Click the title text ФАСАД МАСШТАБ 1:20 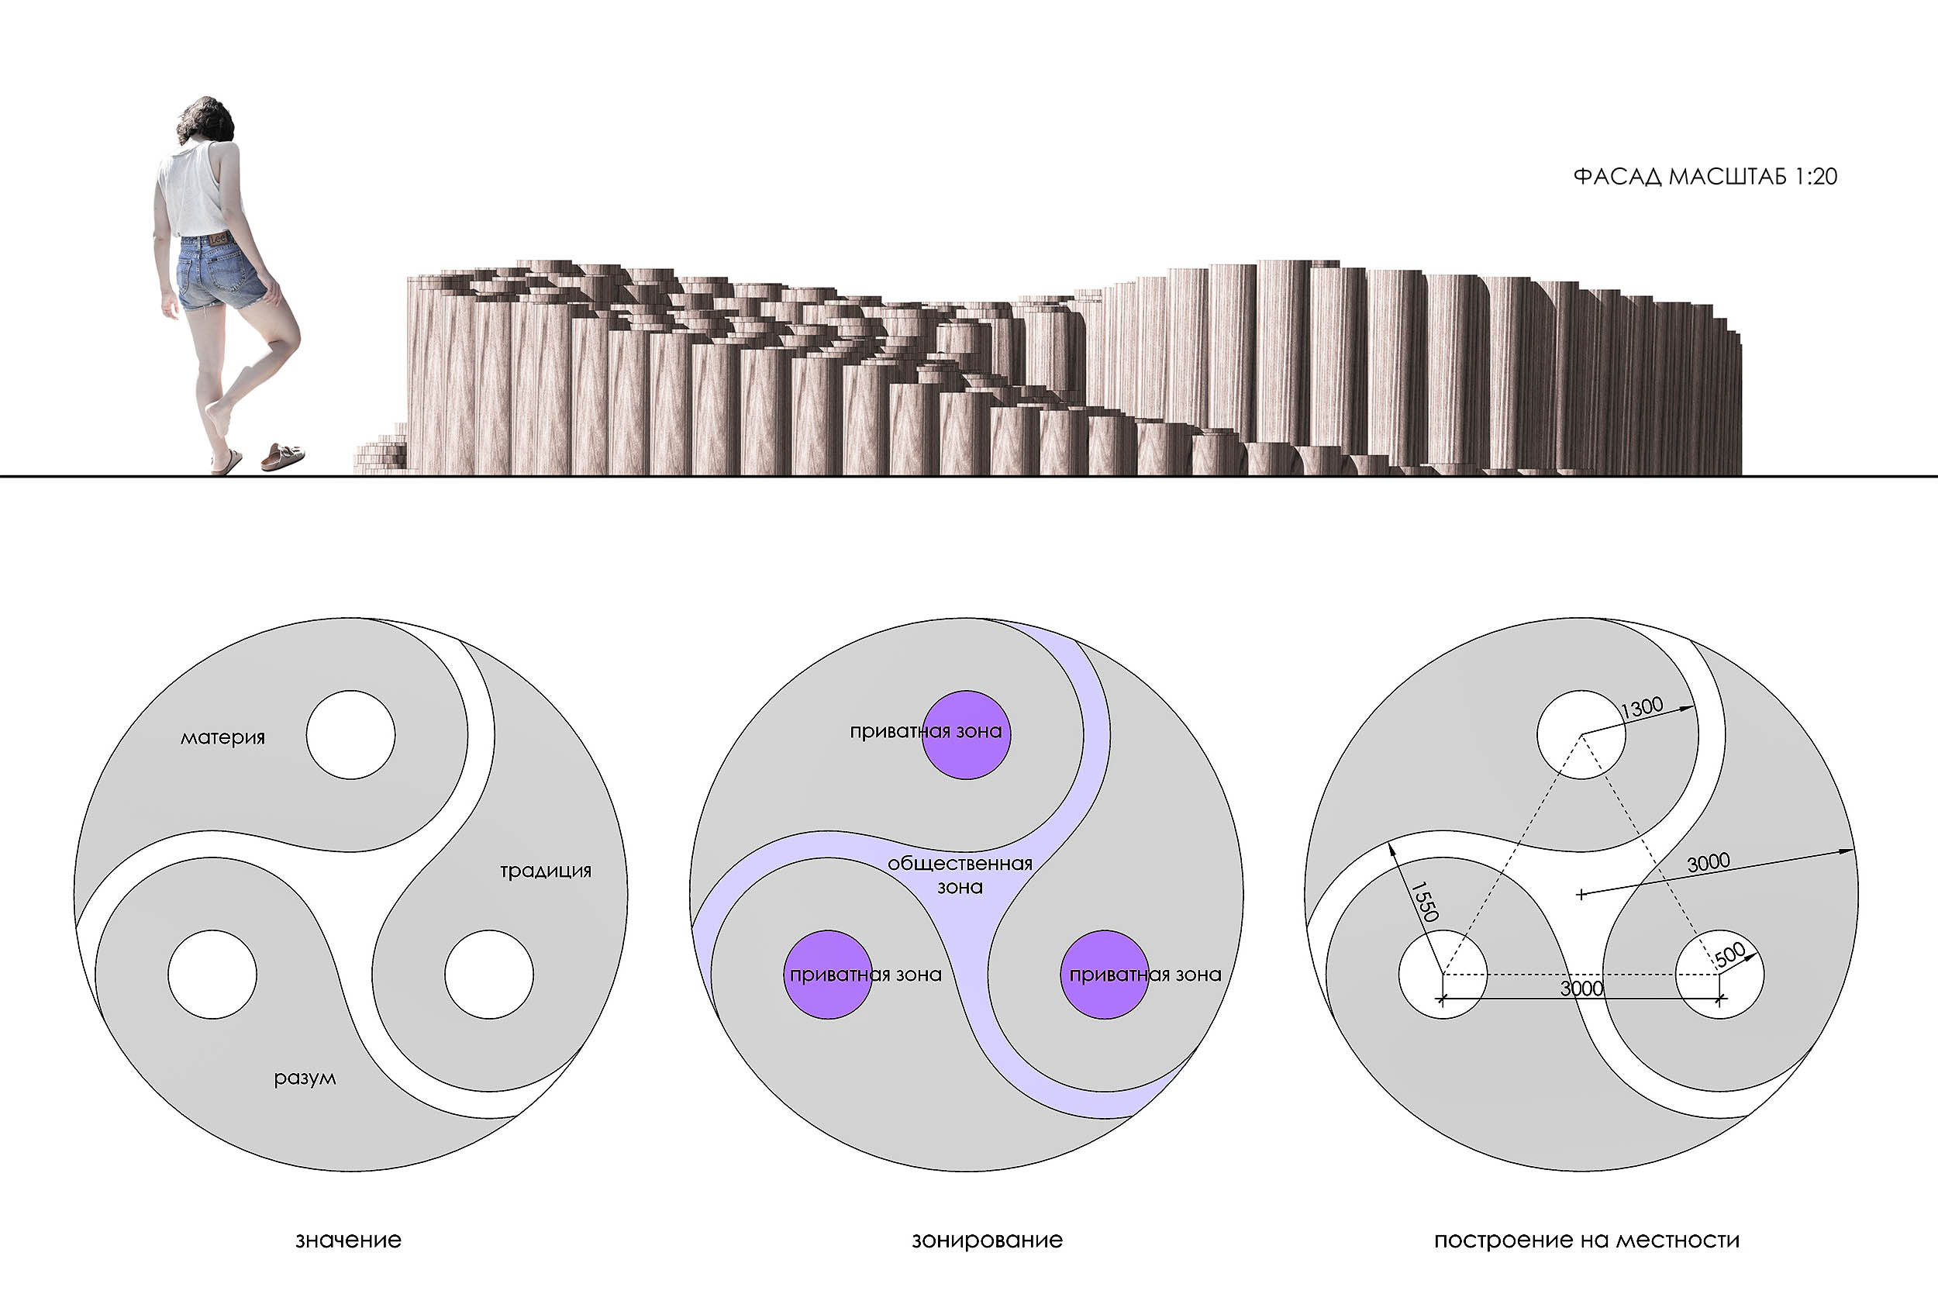tap(1705, 177)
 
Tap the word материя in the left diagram tap(222, 737)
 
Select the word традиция tap(545, 871)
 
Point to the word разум tap(305, 1078)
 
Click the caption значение tap(348, 1241)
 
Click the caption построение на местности tap(1586, 1241)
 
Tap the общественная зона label tap(960, 875)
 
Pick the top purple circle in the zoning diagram tap(967, 734)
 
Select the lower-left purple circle tap(828, 974)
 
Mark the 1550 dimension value tap(1423, 902)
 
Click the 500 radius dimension tap(1729, 955)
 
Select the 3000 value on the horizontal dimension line tap(1581, 989)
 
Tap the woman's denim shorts tap(220, 272)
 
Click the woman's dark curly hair tap(205, 120)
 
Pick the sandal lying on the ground tap(283, 457)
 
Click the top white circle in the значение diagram tap(351, 735)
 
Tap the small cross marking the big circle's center tap(1581, 895)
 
